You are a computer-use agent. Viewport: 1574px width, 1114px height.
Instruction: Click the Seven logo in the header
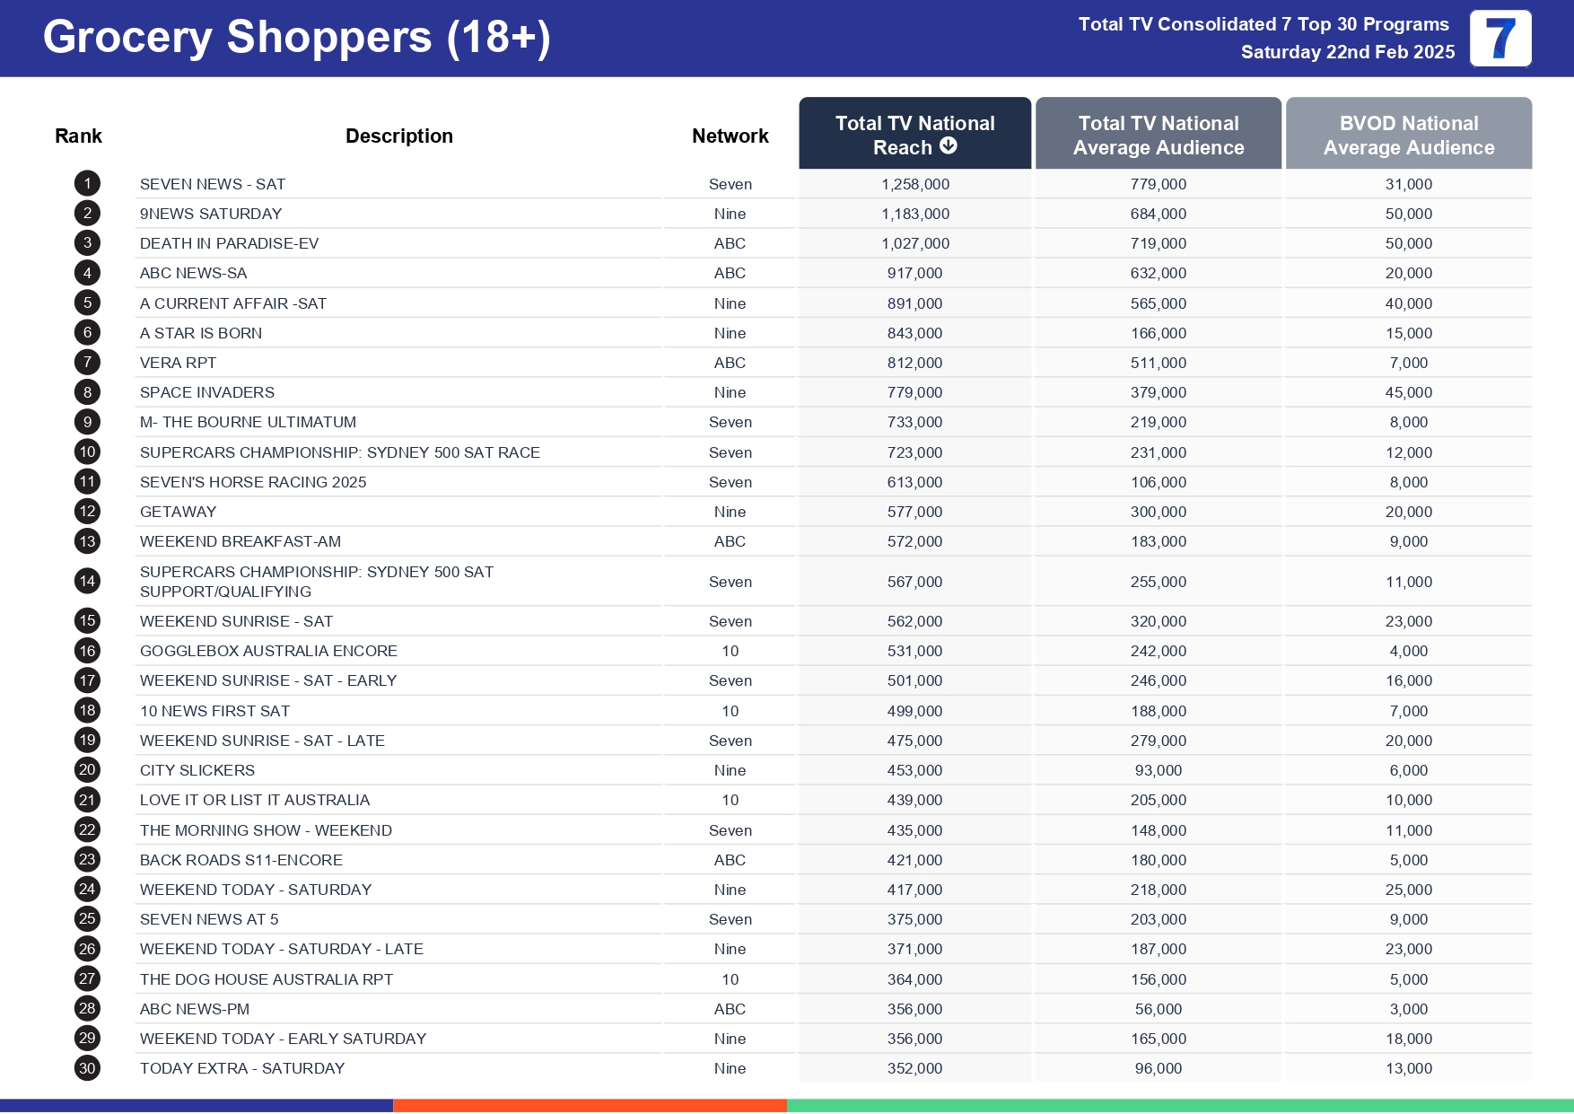point(1500,39)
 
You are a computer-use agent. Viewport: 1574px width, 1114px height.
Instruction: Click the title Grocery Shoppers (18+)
point(296,38)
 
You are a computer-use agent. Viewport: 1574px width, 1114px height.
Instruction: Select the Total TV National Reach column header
point(914,134)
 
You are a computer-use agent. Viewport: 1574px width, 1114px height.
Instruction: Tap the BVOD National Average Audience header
point(1408,134)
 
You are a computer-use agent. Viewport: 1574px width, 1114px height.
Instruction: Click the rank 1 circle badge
point(87,184)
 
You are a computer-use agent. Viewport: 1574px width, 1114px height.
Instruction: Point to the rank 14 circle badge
point(87,581)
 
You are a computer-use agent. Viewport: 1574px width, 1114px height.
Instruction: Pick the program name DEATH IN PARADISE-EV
point(229,243)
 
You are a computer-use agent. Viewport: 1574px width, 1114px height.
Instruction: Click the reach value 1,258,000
point(914,184)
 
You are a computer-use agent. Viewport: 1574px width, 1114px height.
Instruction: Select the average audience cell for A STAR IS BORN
point(1158,333)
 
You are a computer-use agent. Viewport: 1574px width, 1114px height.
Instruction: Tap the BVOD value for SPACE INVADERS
point(1408,392)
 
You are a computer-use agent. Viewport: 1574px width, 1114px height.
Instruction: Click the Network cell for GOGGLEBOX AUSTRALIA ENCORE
point(730,651)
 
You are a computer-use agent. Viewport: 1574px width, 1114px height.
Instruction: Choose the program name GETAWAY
point(178,512)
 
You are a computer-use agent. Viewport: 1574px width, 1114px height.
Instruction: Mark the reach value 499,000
point(914,711)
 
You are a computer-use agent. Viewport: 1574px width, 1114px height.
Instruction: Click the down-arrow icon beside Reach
point(949,145)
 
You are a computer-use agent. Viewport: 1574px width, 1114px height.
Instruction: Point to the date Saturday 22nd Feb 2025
point(1347,52)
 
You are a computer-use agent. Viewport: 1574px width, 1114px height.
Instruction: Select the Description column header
point(398,136)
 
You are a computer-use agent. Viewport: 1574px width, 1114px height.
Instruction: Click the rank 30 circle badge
point(87,1068)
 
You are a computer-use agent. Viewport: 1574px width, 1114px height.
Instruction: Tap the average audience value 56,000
point(1158,1009)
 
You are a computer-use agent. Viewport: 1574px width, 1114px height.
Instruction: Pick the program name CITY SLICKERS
point(197,770)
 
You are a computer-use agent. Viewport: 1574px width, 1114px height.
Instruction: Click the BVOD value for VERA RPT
point(1408,363)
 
